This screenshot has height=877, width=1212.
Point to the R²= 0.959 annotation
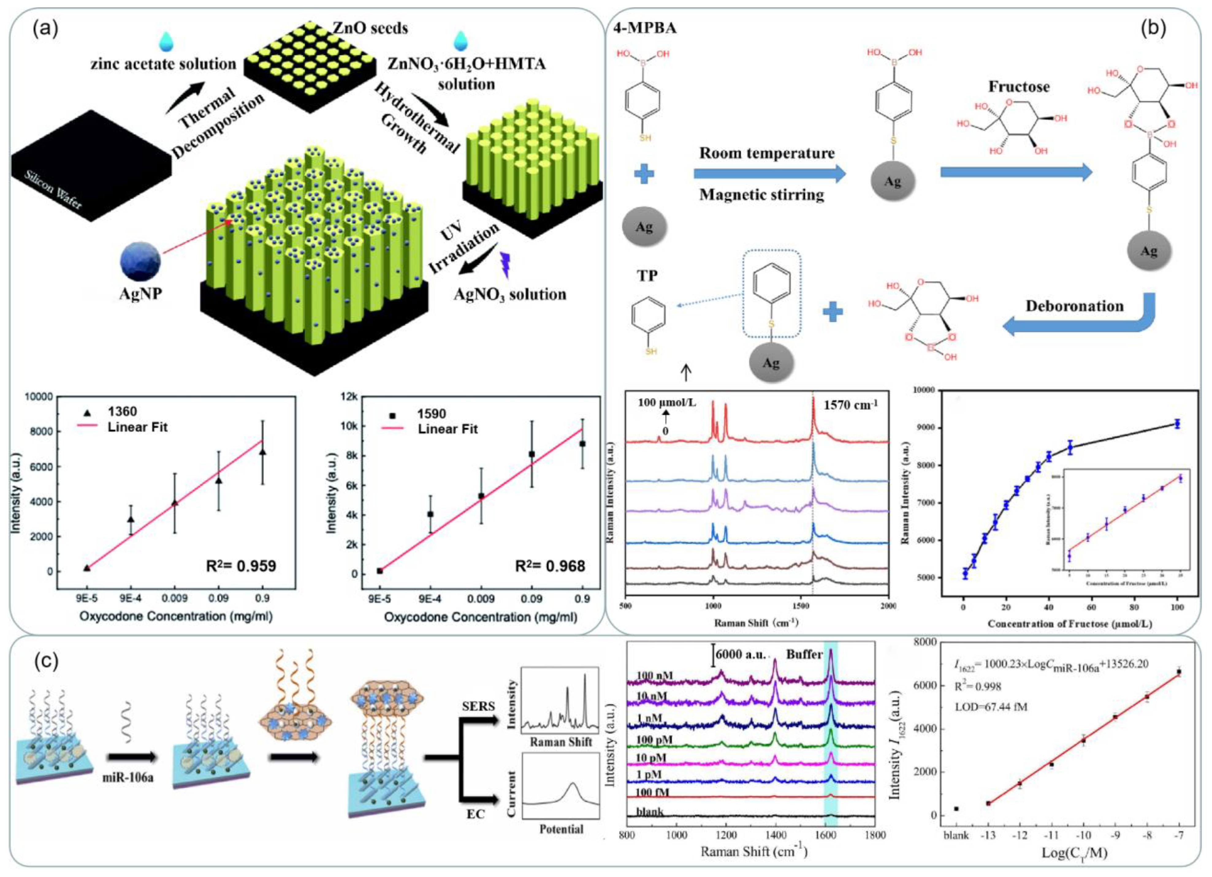click(x=241, y=566)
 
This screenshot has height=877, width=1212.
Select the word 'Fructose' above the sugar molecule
click(x=1019, y=86)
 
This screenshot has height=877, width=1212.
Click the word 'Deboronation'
click(x=1074, y=306)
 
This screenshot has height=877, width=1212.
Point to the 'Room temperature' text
click(x=767, y=153)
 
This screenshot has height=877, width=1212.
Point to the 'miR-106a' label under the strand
click(x=128, y=777)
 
